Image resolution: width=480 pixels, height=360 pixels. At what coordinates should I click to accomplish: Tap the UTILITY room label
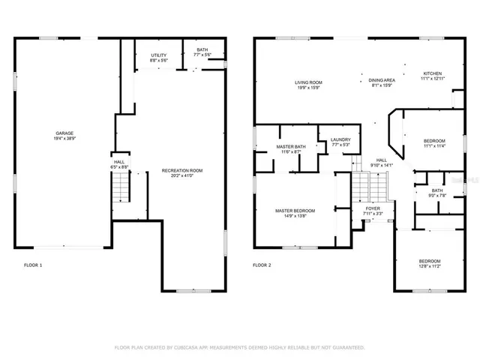158,55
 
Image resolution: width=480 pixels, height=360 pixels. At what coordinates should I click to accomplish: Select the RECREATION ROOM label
182,170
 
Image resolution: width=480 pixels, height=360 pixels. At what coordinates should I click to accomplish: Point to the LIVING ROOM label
307,82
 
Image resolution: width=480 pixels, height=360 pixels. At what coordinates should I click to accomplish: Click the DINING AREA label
382,79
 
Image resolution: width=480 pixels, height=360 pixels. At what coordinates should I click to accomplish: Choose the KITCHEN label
433,73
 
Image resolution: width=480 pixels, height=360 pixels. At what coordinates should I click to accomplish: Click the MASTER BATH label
289,146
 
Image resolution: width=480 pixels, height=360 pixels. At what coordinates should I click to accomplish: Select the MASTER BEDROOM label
295,211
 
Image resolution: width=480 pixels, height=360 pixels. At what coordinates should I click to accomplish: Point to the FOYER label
373,208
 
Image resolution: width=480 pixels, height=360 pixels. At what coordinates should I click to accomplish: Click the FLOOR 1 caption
33,265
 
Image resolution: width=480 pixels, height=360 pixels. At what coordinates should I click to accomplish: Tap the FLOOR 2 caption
262,265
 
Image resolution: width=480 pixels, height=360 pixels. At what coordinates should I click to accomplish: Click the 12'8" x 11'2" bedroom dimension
433,266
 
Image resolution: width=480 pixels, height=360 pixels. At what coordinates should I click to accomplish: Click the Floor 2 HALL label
381,160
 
